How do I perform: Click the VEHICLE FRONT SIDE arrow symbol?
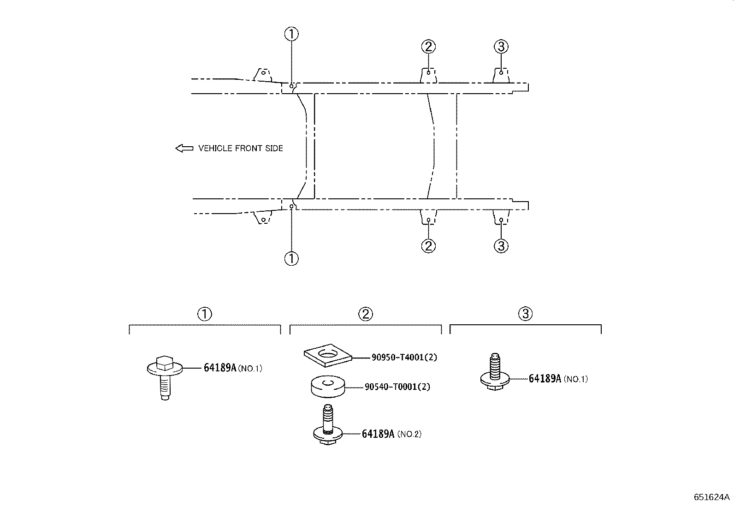coord(184,148)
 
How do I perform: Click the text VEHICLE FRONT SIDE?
coord(241,148)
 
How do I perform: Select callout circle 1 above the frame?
coord(291,34)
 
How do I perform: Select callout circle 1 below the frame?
coord(291,258)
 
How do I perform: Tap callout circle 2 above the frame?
coord(428,47)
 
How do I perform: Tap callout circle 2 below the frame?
coord(428,246)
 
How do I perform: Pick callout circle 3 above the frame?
coord(501,47)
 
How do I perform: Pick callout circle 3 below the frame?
coord(501,246)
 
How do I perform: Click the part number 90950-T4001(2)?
coord(404,357)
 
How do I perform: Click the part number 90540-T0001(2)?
coord(397,387)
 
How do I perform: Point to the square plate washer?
coord(328,355)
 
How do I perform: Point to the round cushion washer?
coord(328,387)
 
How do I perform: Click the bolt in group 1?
coord(165,377)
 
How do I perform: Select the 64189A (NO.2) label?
coord(391,434)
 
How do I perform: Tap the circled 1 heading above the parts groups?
coord(204,314)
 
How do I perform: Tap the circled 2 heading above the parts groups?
coord(365,314)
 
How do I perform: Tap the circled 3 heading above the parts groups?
coord(525,314)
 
